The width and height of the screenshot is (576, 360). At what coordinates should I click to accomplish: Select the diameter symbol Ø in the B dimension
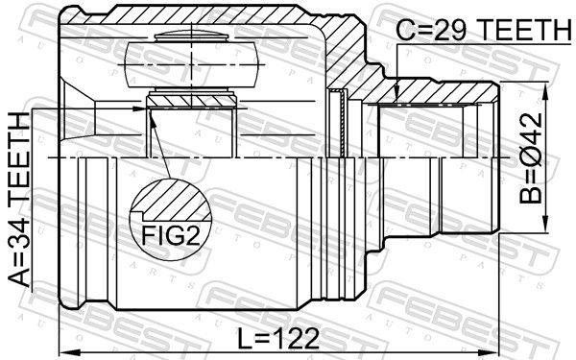[534, 152]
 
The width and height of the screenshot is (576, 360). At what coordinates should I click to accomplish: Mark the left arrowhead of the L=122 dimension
[63, 350]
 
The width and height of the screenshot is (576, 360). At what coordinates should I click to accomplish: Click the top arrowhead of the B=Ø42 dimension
[546, 86]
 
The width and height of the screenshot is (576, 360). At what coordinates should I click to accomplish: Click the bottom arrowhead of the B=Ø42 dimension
[546, 229]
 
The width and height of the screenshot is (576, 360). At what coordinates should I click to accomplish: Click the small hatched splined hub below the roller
[191, 100]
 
